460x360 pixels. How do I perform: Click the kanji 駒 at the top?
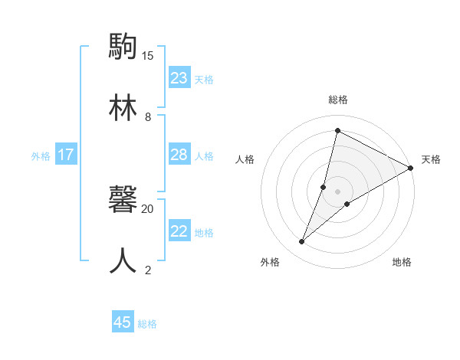pyautogui.click(x=123, y=47)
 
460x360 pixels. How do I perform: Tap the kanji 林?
pyautogui.click(x=123, y=109)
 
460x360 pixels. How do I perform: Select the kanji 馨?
pyautogui.click(x=123, y=200)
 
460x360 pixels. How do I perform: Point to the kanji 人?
pyautogui.click(x=123, y=261)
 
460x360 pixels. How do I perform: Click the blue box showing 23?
pyautogui.click(x=179, y=78)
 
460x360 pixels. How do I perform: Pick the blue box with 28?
pyautogui.click(x=179, y=155)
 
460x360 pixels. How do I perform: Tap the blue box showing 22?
pyautogui.click(x=179, y=231)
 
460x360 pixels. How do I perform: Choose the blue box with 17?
pyautogui.click(x=66, y=155)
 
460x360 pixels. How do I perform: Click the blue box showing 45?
pyautogui.click(x=123, y=322)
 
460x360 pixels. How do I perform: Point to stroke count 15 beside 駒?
pyautogui.click(x=148, y=56)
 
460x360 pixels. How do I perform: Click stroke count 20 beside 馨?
pyautogui.click(x=148, y=208)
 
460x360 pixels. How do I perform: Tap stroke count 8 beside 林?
pyautogui.click(x=148, y=117)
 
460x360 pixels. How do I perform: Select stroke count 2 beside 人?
pyautogui.click(x=148, y=270)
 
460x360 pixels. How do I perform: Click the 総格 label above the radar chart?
pyautogui.click(x=338, y=100)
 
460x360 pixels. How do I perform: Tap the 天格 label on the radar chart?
pyautogui.click(x=431, y=159)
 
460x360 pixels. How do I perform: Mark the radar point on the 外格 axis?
pyautogui.click(x=302, y=242)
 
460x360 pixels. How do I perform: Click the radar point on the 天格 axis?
pyautogui.click(x=411, y=168)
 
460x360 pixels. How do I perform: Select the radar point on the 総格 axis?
pyautogui.click(x=337, y=130)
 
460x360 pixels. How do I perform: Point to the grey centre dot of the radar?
pyautogui.click(x=338, y=191)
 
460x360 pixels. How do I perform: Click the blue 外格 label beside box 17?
pyautogui.click(x=41, y=155)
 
